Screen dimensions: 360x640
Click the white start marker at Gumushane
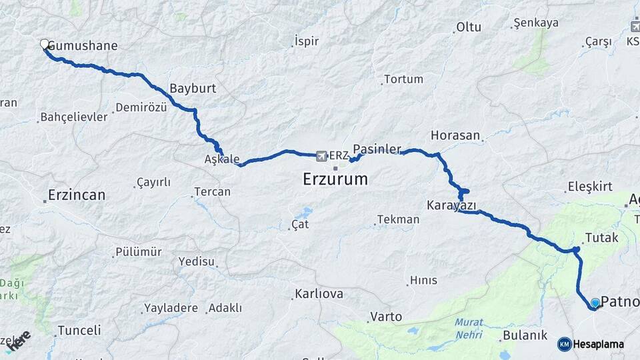(x=45, y=45)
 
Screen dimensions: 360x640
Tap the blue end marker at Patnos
(x=595, y=303)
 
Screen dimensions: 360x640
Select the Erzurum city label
(x=335, y=179)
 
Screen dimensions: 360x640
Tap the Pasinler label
(x=377, y=148)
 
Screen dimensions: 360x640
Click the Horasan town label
(x=455, y=135)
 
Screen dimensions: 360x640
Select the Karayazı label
(x=451, y=203)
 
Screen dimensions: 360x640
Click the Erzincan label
(x=77, y=196)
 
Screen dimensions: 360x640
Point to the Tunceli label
(x=79, y=331)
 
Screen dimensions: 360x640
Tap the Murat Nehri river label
(x=469, y=327)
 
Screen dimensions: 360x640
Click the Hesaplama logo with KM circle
(x=591, y=345)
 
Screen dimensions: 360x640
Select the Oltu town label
(x=468, y=28)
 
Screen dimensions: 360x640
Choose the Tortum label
(x=403, y=79)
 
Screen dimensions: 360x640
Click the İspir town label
(x=306, y=41)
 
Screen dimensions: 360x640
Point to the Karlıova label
(x=319, y=294)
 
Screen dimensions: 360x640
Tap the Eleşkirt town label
(x=589, y=187)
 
